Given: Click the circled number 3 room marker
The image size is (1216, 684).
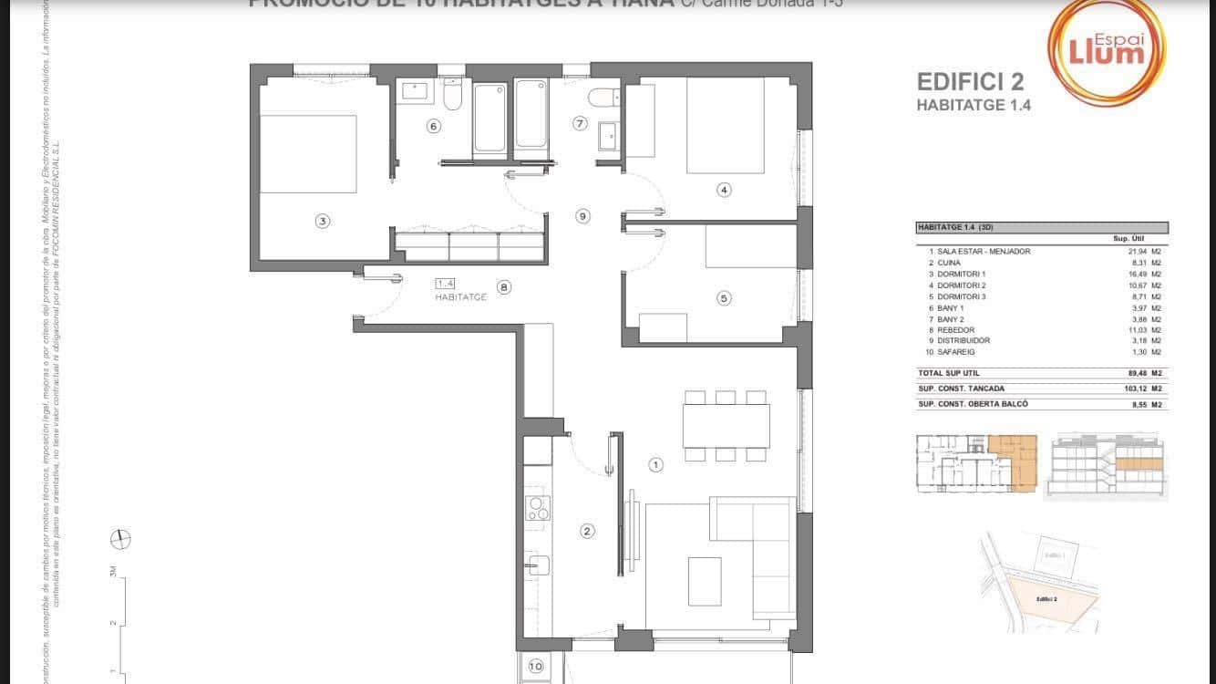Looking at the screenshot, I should (322, 220).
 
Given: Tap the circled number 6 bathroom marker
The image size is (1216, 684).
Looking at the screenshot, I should (434, 127).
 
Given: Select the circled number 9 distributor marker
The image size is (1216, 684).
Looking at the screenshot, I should (582, 216).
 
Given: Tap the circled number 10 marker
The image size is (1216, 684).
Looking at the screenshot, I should (536, 667).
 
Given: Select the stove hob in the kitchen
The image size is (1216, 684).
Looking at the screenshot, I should (538, 507).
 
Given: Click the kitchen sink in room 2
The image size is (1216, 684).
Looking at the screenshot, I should (538, 565).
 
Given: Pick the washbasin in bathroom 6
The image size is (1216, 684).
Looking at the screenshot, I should (415, 90).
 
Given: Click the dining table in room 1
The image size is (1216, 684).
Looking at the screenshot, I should (726, 425).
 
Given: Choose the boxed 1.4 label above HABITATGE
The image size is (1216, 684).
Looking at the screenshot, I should (445, 284).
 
